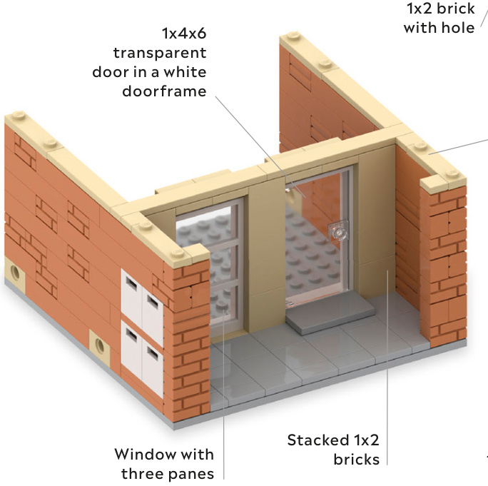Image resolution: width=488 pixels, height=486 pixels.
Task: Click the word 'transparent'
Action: [x=159, y=54]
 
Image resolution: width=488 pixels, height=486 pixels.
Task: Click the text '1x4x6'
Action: [x=183, y=34]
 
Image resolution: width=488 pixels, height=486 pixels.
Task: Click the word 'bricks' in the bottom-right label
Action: [x=356, y=459]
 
